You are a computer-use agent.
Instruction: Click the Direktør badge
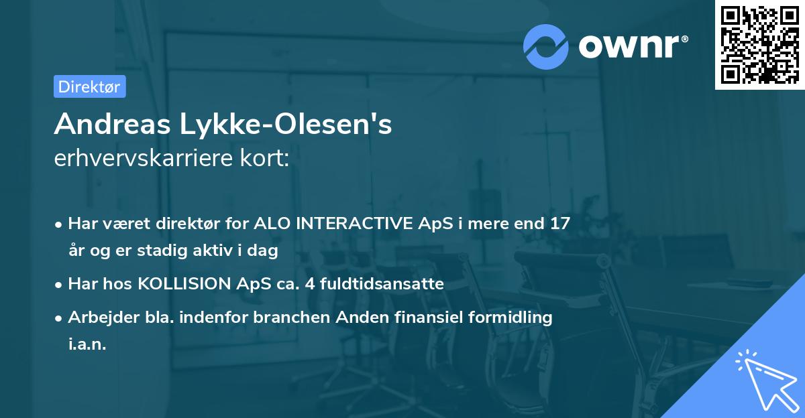pos(89,86)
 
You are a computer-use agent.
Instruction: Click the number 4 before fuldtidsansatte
pos(309,284)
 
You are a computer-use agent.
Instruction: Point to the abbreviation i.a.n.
pos(87,344)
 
